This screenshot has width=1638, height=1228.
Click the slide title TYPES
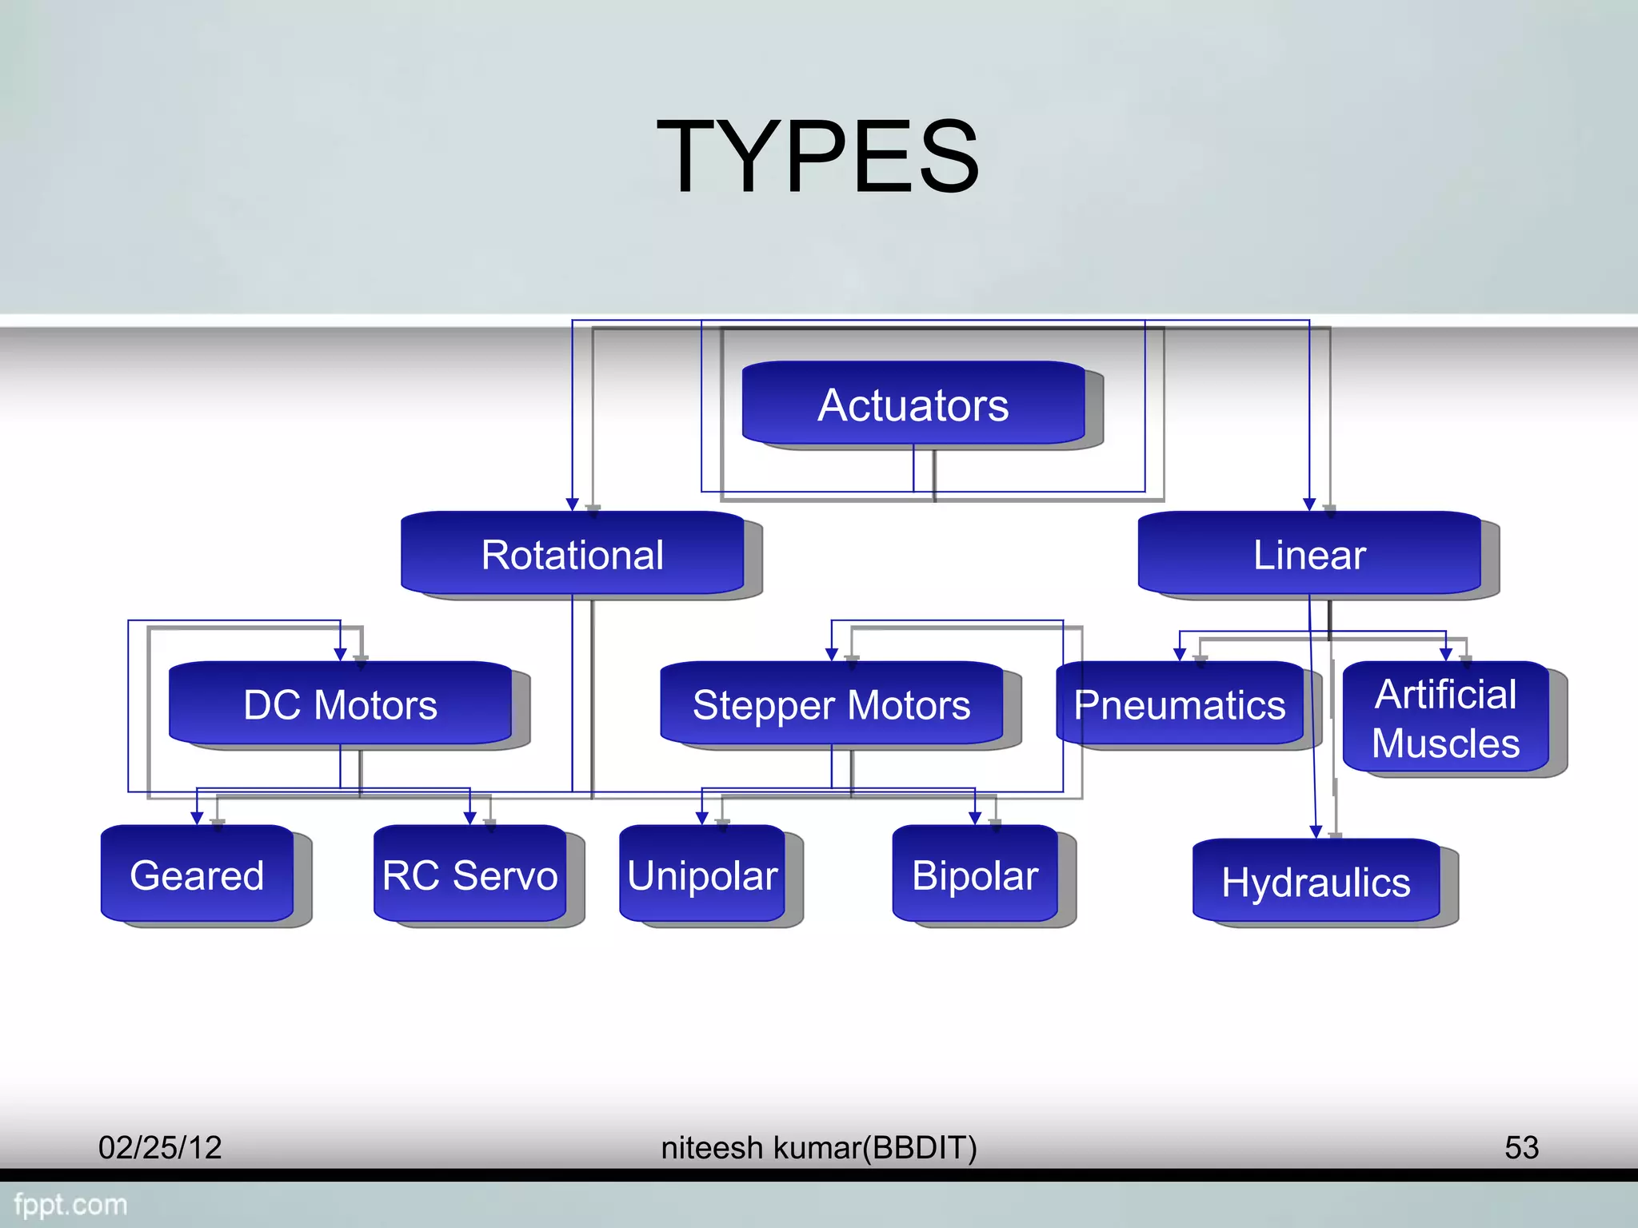click(x=817, y=156)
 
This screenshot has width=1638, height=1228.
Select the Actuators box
click(x=913, y=404)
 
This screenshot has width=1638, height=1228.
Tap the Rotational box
click(x=572, y=554)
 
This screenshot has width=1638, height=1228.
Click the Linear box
click(x=1308, y=554)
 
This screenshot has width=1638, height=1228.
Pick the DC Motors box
click(x=340, y=704)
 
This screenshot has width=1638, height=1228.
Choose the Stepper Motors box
click(x=831, y=704)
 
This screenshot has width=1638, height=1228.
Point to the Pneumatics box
click(x=1179, y=704)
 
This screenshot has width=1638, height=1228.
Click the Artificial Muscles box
click(x=1445, y=717)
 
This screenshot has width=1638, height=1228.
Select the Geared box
click(x=197, y=874)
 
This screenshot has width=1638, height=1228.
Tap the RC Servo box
click(x=469, y=874)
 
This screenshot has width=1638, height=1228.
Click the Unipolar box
click(x=701, y=874)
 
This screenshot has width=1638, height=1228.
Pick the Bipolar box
click(x=974, y=874)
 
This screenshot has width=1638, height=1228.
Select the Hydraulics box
click(x=1316, y=881)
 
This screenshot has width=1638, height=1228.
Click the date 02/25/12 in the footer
click(x=160, y=1147)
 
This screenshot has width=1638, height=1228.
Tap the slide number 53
click(x=1521, y=1147)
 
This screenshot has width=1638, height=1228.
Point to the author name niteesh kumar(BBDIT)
click(x=818, y=1147)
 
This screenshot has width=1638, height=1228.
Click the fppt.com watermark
click(x=70, y=1204)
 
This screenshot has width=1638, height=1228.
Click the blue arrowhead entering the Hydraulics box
click(x=1316, y=832)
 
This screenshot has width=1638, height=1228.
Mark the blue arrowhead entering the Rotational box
click(x=572, y=504)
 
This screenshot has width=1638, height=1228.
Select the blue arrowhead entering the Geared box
click(x=197, y=818)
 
